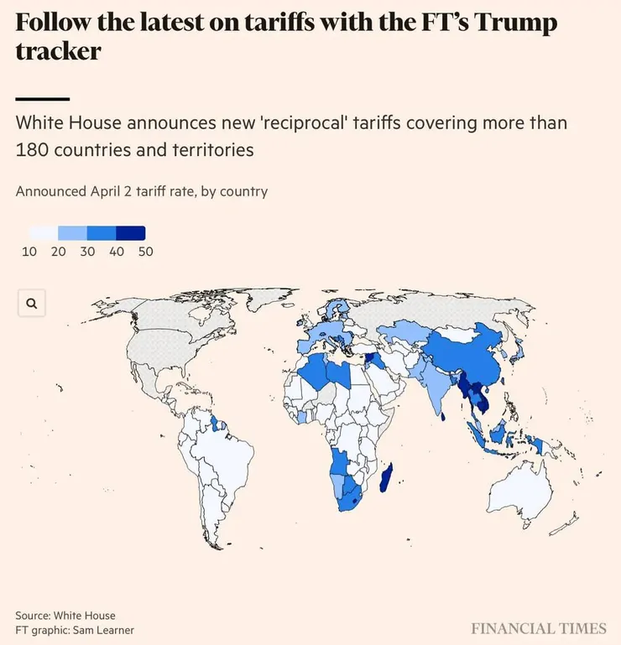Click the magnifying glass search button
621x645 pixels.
(32, 304)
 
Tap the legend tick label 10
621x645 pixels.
(29, 252)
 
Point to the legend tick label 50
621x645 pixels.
(145, 252)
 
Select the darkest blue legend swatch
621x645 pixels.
(131, 233)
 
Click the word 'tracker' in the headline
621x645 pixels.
(59, 50)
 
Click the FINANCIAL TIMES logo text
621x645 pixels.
(538, 628)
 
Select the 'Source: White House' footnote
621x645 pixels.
(65, 616)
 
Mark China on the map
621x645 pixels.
(466, 352)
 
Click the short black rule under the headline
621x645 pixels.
(42, 99)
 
